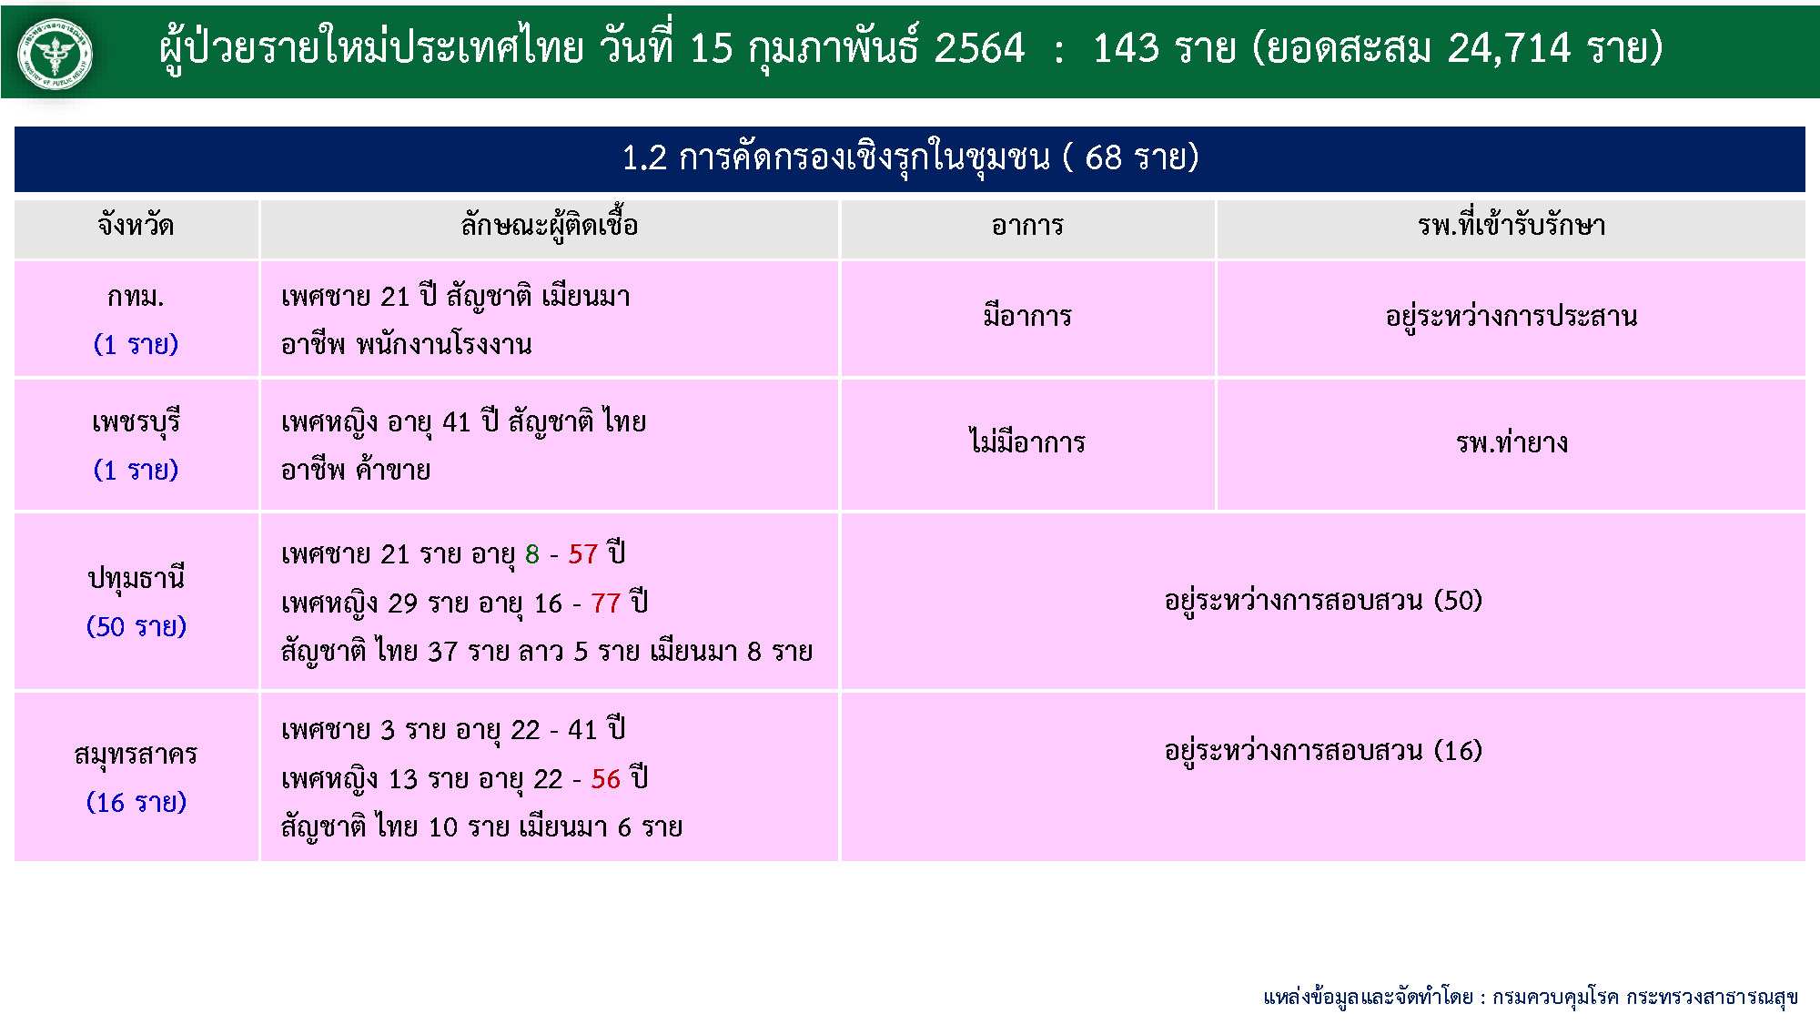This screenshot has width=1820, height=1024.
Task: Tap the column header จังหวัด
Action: click(136, 225)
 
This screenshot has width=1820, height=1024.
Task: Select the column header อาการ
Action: click(1027, 226)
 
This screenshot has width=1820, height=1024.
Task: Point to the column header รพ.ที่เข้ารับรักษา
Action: click(1512, 225)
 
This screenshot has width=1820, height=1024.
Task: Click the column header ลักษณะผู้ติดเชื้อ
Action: click(549, 225)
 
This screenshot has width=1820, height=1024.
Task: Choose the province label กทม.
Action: click(136, 297)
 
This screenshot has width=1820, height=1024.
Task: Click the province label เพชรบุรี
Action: click(136, 422)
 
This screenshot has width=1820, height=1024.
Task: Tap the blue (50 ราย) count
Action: click(136, 626)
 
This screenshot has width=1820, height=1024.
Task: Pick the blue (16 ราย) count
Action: click(136, 802)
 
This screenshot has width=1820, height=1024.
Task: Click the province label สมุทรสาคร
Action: click(136, 755)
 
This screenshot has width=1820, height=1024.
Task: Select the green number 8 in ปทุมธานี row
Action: click(532, 553)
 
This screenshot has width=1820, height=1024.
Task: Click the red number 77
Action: click(605, 603)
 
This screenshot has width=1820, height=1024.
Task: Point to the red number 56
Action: click(605, 778)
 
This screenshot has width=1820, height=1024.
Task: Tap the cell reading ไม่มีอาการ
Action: click(1027, 441)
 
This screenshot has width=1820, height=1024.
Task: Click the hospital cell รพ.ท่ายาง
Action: click(1512, 442)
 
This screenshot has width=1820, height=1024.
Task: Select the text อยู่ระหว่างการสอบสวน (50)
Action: click(1323, 601)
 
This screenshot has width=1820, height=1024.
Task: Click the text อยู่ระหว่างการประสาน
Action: click(1512, 316)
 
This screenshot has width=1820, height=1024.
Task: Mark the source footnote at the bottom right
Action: click(1531, 997)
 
